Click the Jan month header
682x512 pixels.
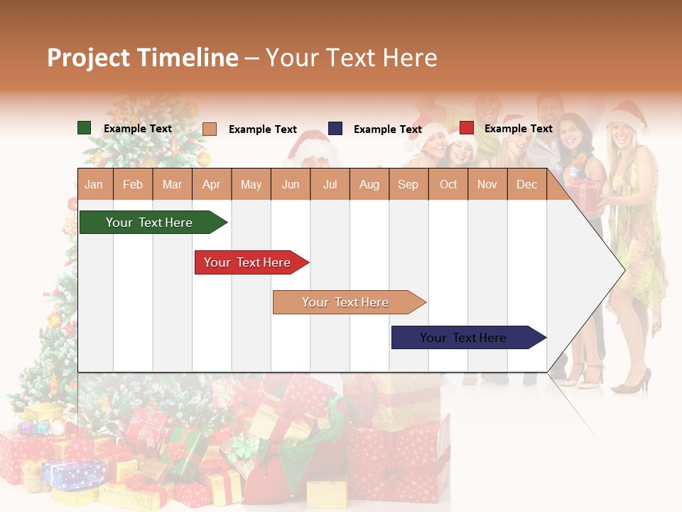[x=94, y=185]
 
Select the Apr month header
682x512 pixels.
[x=211, y=185]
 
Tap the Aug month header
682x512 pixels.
[x=369, y=185]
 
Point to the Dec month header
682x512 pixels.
[x=526, y=185]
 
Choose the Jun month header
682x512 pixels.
[x=291, y=185]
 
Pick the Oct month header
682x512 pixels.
[x=448, y=185]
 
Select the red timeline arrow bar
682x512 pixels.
[x=249, y=262]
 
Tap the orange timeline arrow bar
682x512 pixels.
[x=347, y=302]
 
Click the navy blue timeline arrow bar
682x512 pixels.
[x=465, y=338]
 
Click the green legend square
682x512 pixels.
[x=85, y=128]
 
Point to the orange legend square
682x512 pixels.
[x=210, y=129]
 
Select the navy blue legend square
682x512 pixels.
[x=335, y=129]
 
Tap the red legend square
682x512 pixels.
[x=467, y=128]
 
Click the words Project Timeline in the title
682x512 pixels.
[x=143, y=58]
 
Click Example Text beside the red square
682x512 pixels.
[x=518, y=129]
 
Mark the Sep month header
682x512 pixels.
[x=408, y=185]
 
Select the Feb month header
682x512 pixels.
[x=133, y=185]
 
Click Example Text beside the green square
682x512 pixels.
[x=137, y=129]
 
